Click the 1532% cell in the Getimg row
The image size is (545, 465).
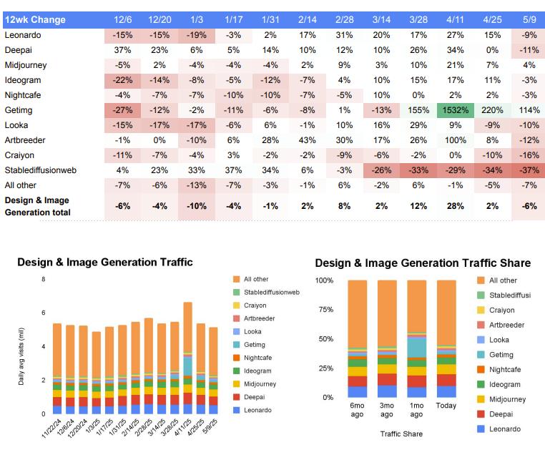453,110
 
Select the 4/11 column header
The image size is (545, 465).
453,19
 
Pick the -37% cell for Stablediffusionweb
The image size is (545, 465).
528,170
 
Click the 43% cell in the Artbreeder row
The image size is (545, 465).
307,140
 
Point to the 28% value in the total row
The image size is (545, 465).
453,206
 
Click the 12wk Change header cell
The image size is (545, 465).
36,19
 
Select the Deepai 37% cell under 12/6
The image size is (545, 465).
123,50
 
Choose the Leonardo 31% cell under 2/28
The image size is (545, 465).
344,35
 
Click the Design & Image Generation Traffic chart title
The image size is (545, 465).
105,263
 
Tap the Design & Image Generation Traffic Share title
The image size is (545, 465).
423,263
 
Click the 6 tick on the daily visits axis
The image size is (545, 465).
44,313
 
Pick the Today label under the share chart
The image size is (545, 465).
446,405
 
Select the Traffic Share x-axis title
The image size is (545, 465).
401,434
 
